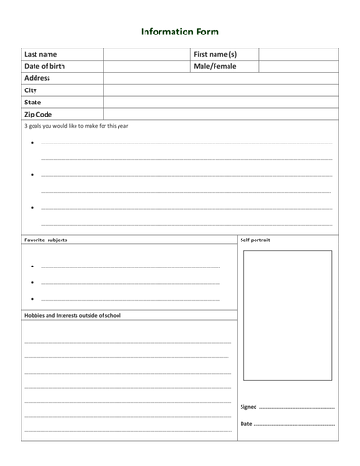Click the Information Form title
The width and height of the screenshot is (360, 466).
(x=180, y=31)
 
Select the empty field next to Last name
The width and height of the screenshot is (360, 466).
(x=145, y=55)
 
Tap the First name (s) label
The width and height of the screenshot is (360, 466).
(x=215, y=55)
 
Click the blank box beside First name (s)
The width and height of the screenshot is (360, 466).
(x=297, y=55)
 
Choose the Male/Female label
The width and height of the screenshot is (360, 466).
(x=215, y=67)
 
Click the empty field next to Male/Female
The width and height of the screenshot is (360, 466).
(x=297, y=67)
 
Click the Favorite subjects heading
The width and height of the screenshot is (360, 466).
(x=46, y=240)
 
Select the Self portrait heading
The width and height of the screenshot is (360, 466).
(x=255, y=240)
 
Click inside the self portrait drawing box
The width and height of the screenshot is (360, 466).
(x=287, y=315)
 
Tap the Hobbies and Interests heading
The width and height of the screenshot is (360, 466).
(x=73, y=315)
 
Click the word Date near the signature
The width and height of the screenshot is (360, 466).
(x=246, y=424)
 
